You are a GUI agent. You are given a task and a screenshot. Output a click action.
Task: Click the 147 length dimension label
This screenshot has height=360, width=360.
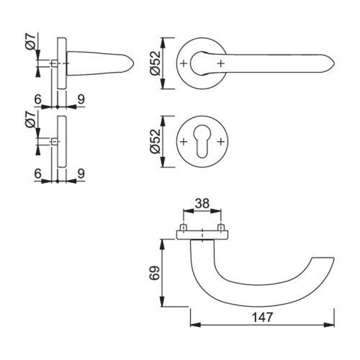(x=262, y=318)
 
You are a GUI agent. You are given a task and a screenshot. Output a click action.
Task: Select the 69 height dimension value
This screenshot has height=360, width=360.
(x=155, y=273)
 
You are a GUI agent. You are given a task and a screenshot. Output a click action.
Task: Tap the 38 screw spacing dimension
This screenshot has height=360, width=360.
(x=202, y=204)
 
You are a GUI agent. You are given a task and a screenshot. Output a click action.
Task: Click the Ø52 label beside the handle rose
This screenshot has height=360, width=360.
(x=155, y=63)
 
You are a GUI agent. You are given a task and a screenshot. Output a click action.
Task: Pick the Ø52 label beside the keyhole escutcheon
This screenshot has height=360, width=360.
(x=155, y=141)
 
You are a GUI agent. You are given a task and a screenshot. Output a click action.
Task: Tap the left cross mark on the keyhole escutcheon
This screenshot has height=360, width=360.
(x=184, y=142)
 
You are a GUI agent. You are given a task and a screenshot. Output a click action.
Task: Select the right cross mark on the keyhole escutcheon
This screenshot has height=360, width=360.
(x=221, y=142)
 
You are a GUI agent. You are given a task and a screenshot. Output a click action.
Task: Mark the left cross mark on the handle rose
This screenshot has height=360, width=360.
(x=184, y=63)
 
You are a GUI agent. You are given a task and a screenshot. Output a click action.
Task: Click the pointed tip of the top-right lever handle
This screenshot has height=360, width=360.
(x=334, y=63)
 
